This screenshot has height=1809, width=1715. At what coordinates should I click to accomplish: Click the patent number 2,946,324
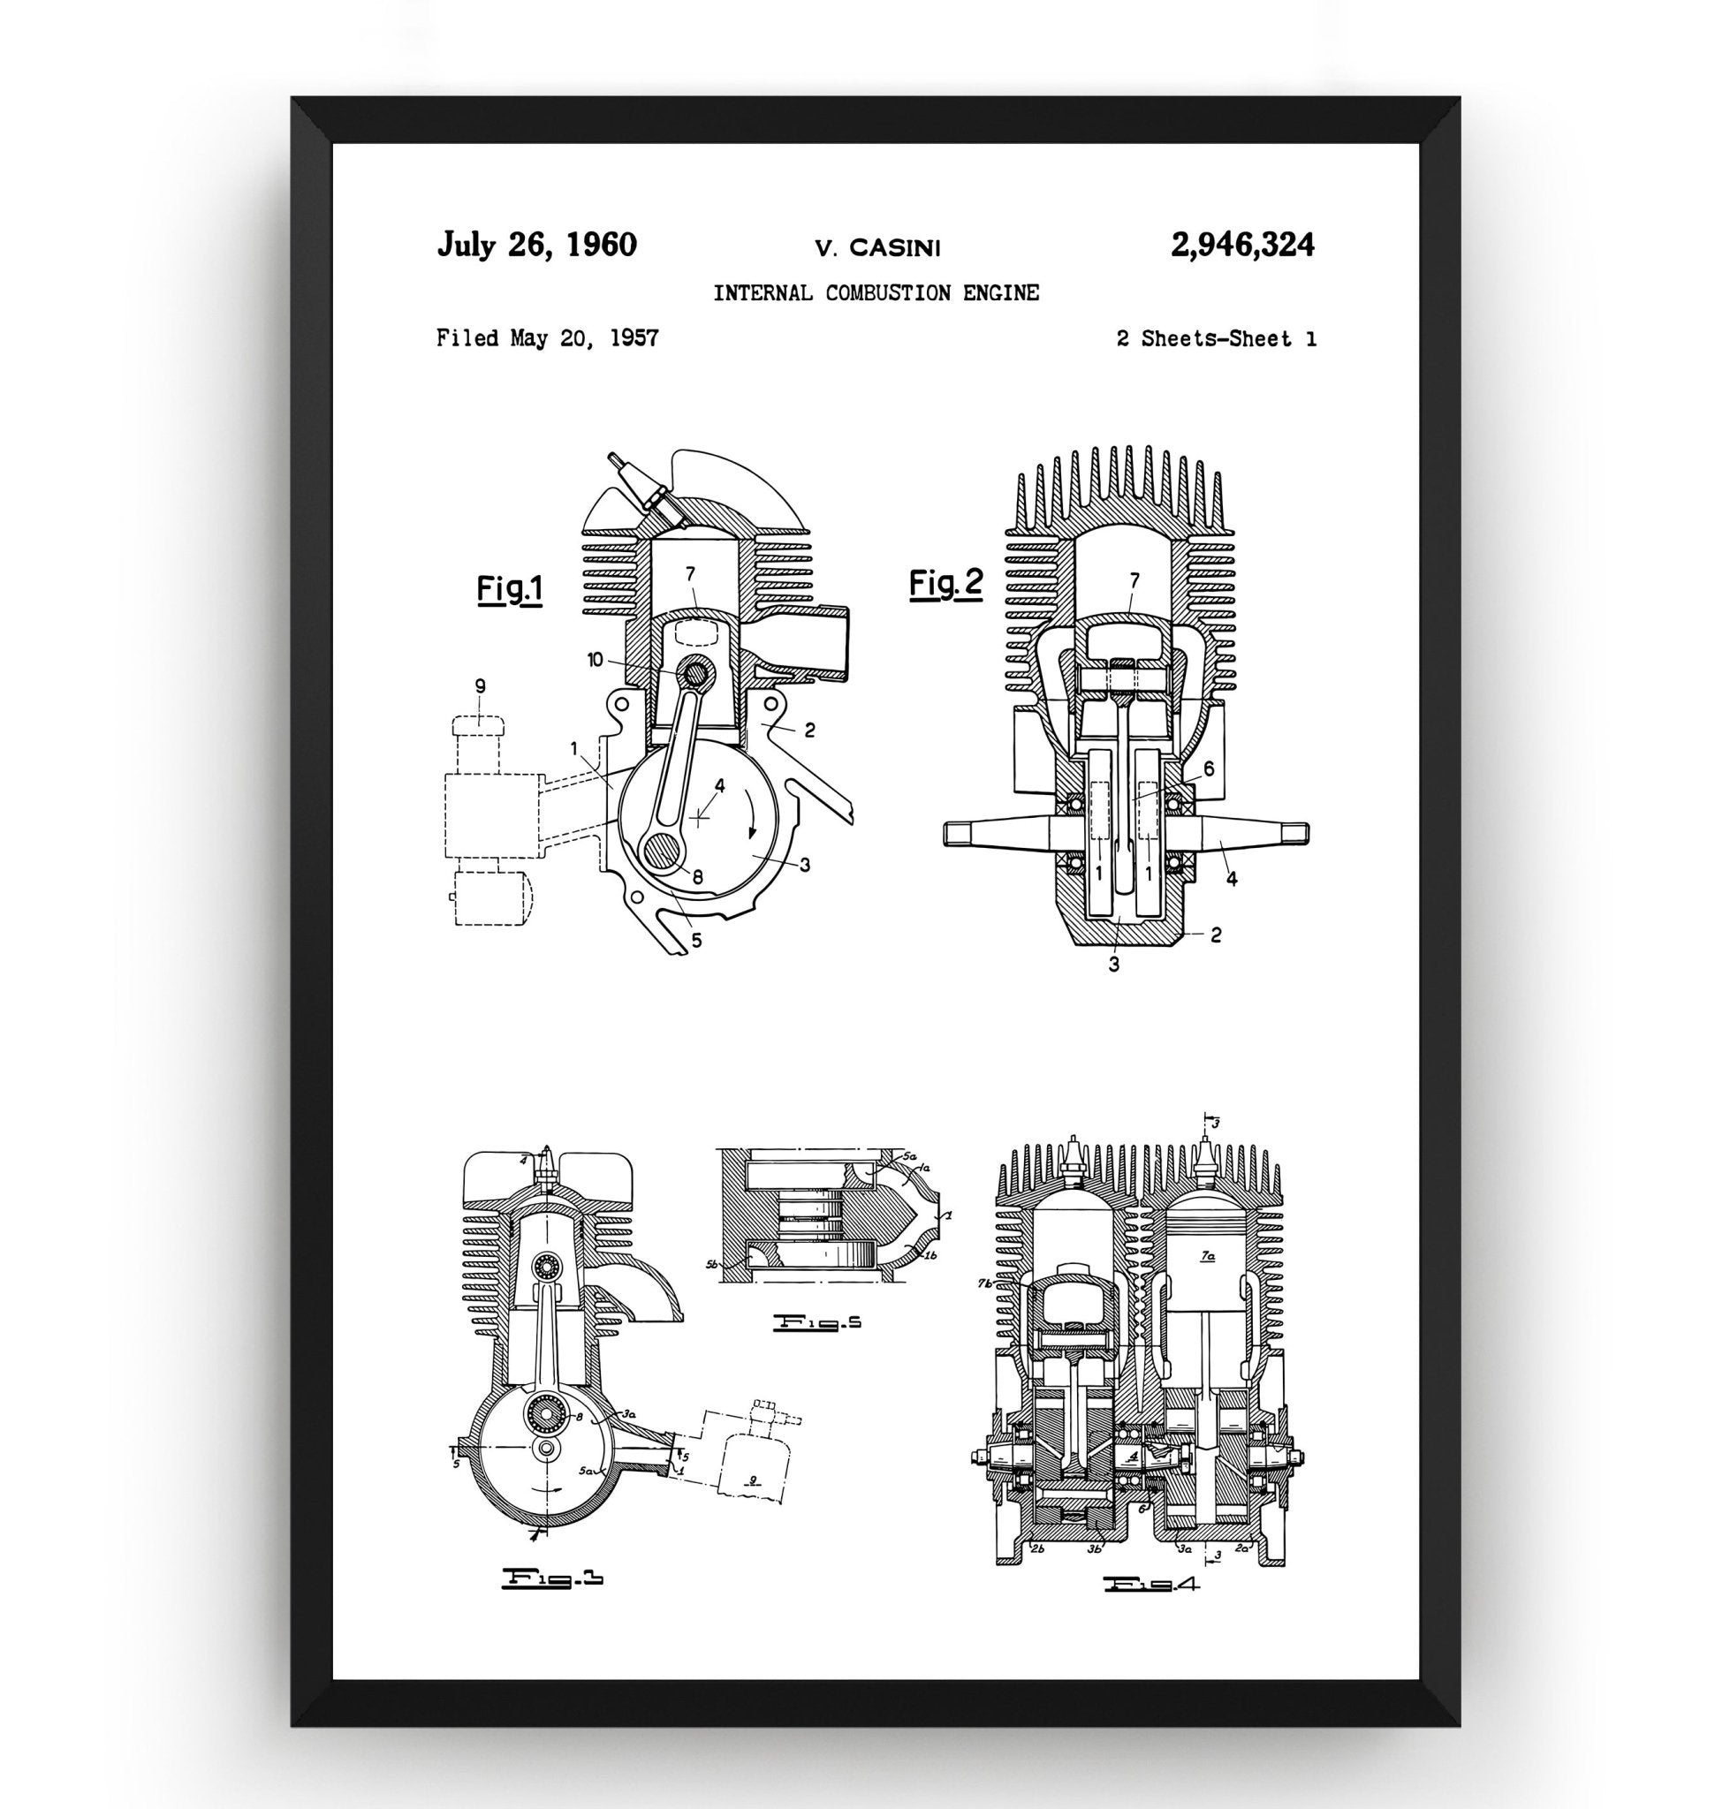point(1241,245)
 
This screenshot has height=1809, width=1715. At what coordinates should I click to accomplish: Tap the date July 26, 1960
point(536,245)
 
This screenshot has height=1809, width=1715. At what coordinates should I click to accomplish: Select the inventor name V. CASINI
point(876,246)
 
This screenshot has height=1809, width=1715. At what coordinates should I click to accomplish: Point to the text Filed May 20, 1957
point(547,338)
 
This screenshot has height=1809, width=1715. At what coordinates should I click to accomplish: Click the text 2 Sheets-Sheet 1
point(1216,339)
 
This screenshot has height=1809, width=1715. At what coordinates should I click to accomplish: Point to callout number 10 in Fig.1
point(596,659)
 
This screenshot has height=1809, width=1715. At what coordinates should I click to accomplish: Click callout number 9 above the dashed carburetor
point(480,685)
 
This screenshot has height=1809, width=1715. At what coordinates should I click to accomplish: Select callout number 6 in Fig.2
point(1209,769)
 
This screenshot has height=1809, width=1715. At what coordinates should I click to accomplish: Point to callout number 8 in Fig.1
point(697,875)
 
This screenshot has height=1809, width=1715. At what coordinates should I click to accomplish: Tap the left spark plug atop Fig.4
point(1074,1158)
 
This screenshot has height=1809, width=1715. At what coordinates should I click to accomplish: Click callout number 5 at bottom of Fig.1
point(696,939)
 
